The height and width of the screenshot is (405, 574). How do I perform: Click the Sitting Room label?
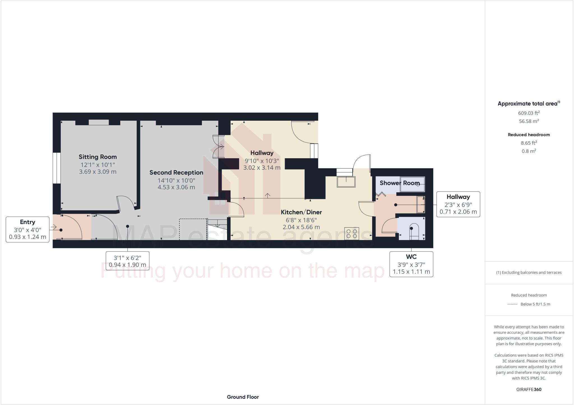(x=98, y=157)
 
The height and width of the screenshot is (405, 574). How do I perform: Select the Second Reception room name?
(x=176, y=173)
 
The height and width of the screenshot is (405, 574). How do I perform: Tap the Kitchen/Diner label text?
(x=301, y=212)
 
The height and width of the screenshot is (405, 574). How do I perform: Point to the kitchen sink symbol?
(x=346, y=181)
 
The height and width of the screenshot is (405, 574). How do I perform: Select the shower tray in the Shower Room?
(x=412, y=184)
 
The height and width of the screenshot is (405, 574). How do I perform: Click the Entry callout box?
(x=27, y=229)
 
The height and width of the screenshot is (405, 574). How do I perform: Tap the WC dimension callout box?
(x=411, y=264)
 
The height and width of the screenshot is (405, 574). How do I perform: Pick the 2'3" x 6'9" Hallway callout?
(x=458, y=204)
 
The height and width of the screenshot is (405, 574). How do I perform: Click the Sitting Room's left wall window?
(x=57, y=168)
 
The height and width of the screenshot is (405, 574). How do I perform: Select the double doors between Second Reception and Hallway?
(x=218, y=146)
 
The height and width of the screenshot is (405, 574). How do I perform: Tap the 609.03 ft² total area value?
(x=529, y=113)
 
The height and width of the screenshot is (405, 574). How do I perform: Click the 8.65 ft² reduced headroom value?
(x=529, y=143)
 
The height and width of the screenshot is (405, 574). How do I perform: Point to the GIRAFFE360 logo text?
(x=529, y=389)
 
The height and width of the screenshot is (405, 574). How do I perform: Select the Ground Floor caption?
(x=243, y=397)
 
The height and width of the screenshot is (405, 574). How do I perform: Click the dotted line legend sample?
(x=512, y=304)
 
